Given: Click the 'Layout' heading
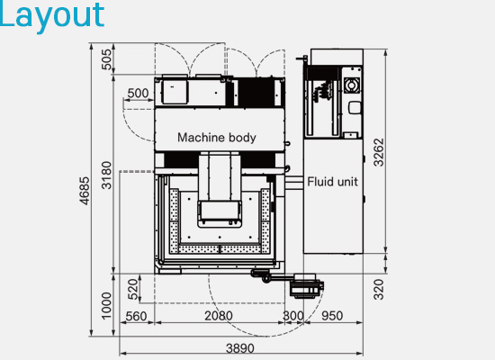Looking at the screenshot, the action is click(52, 15).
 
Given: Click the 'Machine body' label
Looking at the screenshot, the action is click(217, 138).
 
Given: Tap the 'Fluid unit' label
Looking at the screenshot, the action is click(332, 182).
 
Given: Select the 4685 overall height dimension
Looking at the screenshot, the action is click(85, 191).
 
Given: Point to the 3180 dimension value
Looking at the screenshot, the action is click(107, 175).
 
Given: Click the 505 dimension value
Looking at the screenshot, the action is click(107, 59).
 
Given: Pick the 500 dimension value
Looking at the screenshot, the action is click(138, 94).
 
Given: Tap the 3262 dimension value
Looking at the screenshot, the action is click(379, 152).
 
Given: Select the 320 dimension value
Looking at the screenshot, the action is click(379, 289).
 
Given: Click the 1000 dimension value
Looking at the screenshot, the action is click(107, 306).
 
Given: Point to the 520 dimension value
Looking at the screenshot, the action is click(133, 289).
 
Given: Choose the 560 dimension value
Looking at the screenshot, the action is click(136, 316).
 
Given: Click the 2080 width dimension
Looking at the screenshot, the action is click(219, 316).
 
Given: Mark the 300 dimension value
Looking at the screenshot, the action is click(293, 316).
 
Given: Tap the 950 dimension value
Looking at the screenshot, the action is click(332, 316).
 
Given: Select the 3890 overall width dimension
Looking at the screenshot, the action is click(240, 348).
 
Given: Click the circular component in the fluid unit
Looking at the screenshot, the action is click(351, 85).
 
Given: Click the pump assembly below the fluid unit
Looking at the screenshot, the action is click(307, 286).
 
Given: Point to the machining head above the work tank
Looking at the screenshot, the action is click(220, 190).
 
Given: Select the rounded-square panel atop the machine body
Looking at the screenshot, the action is click(175, 92).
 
